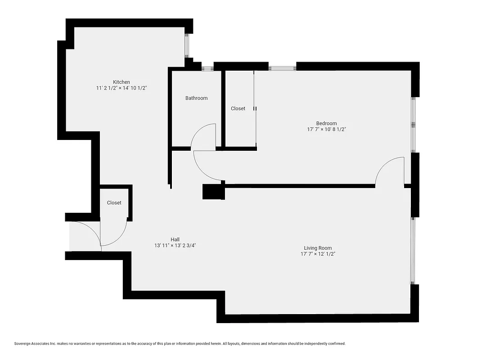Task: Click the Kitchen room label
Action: coord(121,82)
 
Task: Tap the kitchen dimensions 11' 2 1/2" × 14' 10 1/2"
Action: coord(121,88)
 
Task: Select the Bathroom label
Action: coord(196,98)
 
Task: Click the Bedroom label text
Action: coord(326,123)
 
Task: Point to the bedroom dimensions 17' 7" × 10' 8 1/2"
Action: coord(326,130)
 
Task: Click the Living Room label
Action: coord(318,248)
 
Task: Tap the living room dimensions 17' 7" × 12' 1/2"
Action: coord(318,254)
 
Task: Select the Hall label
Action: coord(175,239)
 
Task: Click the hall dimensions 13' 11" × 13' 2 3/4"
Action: coord(175,246)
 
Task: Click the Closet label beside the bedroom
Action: coord(238,108)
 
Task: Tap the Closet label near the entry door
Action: coord(114,203)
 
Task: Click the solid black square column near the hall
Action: coord(213,192)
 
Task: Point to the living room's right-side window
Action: coord(414,250)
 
